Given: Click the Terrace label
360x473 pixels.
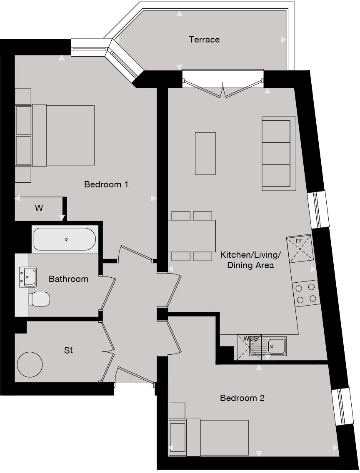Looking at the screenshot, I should pos(204,40).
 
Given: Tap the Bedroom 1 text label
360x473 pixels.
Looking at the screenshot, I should pos(106,184).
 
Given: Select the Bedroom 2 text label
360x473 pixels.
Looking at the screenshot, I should pos(242,398).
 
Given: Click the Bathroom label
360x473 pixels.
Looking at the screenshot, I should pos(68,279).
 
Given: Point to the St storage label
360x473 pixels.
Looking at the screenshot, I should pos(68,351).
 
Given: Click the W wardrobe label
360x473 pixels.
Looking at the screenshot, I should pos(39,208).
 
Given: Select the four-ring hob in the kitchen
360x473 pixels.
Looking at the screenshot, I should pos(306,293).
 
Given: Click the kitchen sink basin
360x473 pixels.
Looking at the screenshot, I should pos(276,345).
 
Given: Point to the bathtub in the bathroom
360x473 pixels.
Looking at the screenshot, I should pos(65,239).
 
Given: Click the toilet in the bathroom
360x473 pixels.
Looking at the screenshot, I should pos(40,299).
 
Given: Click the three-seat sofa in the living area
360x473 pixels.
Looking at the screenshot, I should pos(278,154).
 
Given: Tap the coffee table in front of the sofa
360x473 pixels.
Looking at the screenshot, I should pos(205,153).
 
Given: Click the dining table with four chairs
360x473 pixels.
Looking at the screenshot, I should pos(192,236).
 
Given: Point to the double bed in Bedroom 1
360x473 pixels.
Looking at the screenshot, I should pos(62,135).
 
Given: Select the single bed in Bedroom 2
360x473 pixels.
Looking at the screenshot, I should pos(217,438).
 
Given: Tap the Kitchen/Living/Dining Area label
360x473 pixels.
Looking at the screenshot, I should pos(250,259).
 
